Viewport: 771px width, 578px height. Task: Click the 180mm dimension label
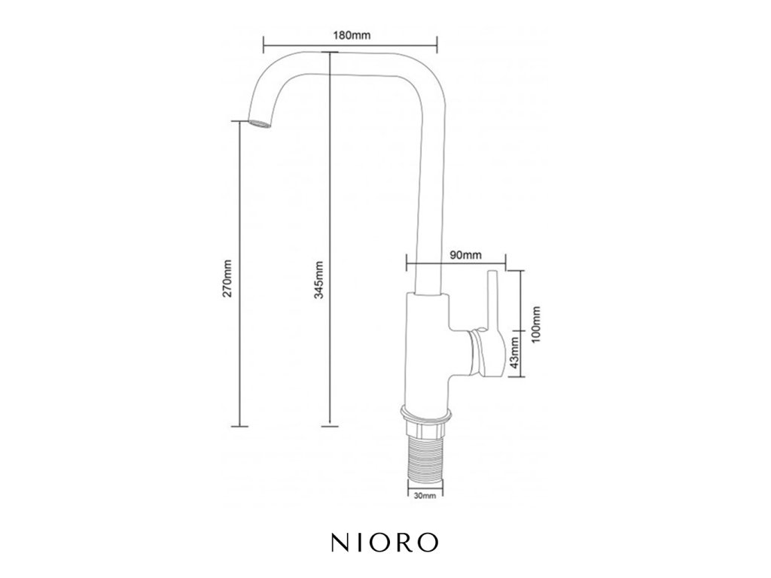pos(352,35)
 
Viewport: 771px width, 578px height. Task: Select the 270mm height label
pos(227,278)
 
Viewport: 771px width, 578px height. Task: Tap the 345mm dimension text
pos(318,280)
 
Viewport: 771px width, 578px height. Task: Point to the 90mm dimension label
pos(465,255)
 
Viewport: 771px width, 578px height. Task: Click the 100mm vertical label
pos(536,325)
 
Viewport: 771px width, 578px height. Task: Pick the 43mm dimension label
pos(514,352)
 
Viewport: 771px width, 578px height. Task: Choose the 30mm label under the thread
pos(425,495)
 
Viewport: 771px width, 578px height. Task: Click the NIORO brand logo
pos(385,542)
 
